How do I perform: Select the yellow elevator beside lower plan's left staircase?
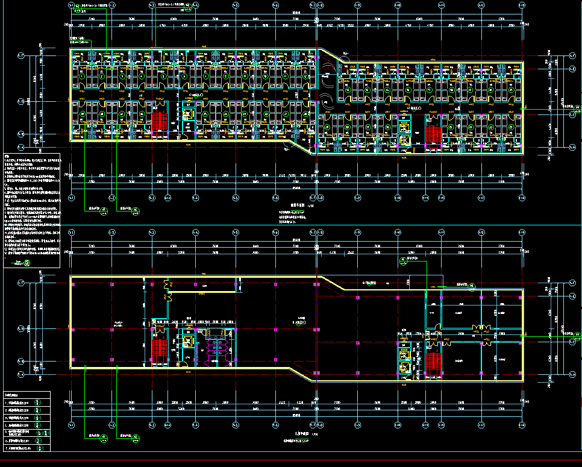(x=188, y=342)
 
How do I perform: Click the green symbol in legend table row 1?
(x=39, y=403)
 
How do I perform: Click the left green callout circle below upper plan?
(x=104, y=210)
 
